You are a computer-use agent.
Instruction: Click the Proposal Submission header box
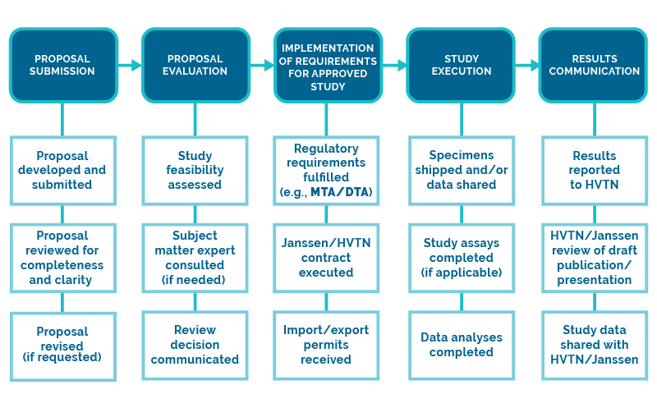[62, 65]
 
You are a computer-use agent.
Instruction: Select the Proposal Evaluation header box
[195, 65]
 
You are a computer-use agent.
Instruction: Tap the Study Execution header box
[461, 65]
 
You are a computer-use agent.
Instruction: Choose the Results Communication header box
[594, 65]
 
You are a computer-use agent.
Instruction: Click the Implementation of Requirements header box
[328, 65]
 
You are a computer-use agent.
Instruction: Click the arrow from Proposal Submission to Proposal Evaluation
[131, 65]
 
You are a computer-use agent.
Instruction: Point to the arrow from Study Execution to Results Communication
[528, 65]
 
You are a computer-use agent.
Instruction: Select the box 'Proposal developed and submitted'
[62, 170]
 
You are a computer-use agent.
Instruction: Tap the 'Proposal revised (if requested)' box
[62, 345]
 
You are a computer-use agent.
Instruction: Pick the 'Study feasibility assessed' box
[195, 170]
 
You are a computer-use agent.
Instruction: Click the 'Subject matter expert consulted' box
[195, 258]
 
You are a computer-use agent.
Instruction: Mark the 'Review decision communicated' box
[195, 345]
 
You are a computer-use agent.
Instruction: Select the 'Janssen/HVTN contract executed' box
[328, 258]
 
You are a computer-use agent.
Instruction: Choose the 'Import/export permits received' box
[328, 345]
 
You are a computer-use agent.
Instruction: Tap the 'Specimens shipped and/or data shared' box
[461, 170]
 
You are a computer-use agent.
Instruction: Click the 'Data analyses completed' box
[461, 345]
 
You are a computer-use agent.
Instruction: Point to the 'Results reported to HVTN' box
[594, 170]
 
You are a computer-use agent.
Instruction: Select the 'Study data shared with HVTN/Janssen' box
[594, 345]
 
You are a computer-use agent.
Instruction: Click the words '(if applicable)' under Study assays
[461, 272]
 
